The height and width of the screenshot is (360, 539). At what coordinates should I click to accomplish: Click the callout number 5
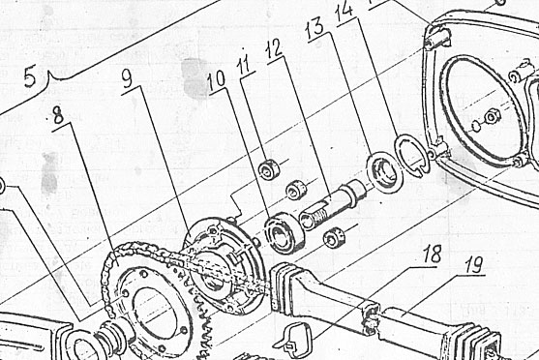tap(30, 76)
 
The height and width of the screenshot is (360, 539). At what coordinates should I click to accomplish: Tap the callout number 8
tap(59, 115)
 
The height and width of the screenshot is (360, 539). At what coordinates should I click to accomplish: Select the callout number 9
tap(128, 78)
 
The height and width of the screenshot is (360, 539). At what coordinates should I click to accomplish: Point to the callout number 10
tap(217, 81)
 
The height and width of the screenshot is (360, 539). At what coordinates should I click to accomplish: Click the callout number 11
tap(245, 65)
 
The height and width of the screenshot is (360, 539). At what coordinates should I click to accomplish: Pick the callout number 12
tap(274, 49)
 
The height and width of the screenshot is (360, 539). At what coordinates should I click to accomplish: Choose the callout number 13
tap(315, 28)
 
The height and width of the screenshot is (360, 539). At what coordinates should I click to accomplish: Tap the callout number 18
tap(432, 255)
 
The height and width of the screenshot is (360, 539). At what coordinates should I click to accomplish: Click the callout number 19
tap(474, 265)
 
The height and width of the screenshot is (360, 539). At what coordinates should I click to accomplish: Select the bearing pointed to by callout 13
tap(385, 171)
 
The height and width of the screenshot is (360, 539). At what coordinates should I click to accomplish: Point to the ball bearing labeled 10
tap(284, 233)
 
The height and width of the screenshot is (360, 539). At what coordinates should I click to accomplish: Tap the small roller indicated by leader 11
tap(269, 168)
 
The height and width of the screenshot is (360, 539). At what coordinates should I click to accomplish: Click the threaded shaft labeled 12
tap(333, 206)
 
